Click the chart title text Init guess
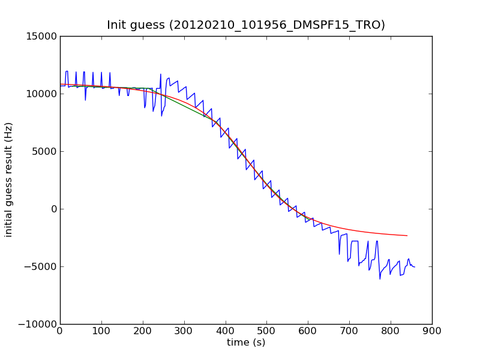coord(246,25)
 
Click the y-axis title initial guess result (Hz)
coord(9,180)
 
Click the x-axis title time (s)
coord(246,343)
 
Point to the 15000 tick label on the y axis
coord(41,36)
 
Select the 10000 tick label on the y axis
coord(41,94)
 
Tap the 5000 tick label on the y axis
coord(43,151)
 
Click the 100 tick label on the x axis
coord(101,331)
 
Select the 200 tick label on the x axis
coord(143,331)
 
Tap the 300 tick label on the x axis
coord(184,331)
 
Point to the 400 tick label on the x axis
coord(226,331)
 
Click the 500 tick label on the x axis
coord(266,331)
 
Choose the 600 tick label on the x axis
coord(308,331)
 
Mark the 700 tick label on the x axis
coord(349,331)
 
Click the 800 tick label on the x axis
coord(391,331)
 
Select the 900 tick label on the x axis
coord(432,331)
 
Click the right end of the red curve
coord(407,236)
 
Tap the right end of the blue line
coord(415,266)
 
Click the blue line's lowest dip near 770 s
coord(380,279)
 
